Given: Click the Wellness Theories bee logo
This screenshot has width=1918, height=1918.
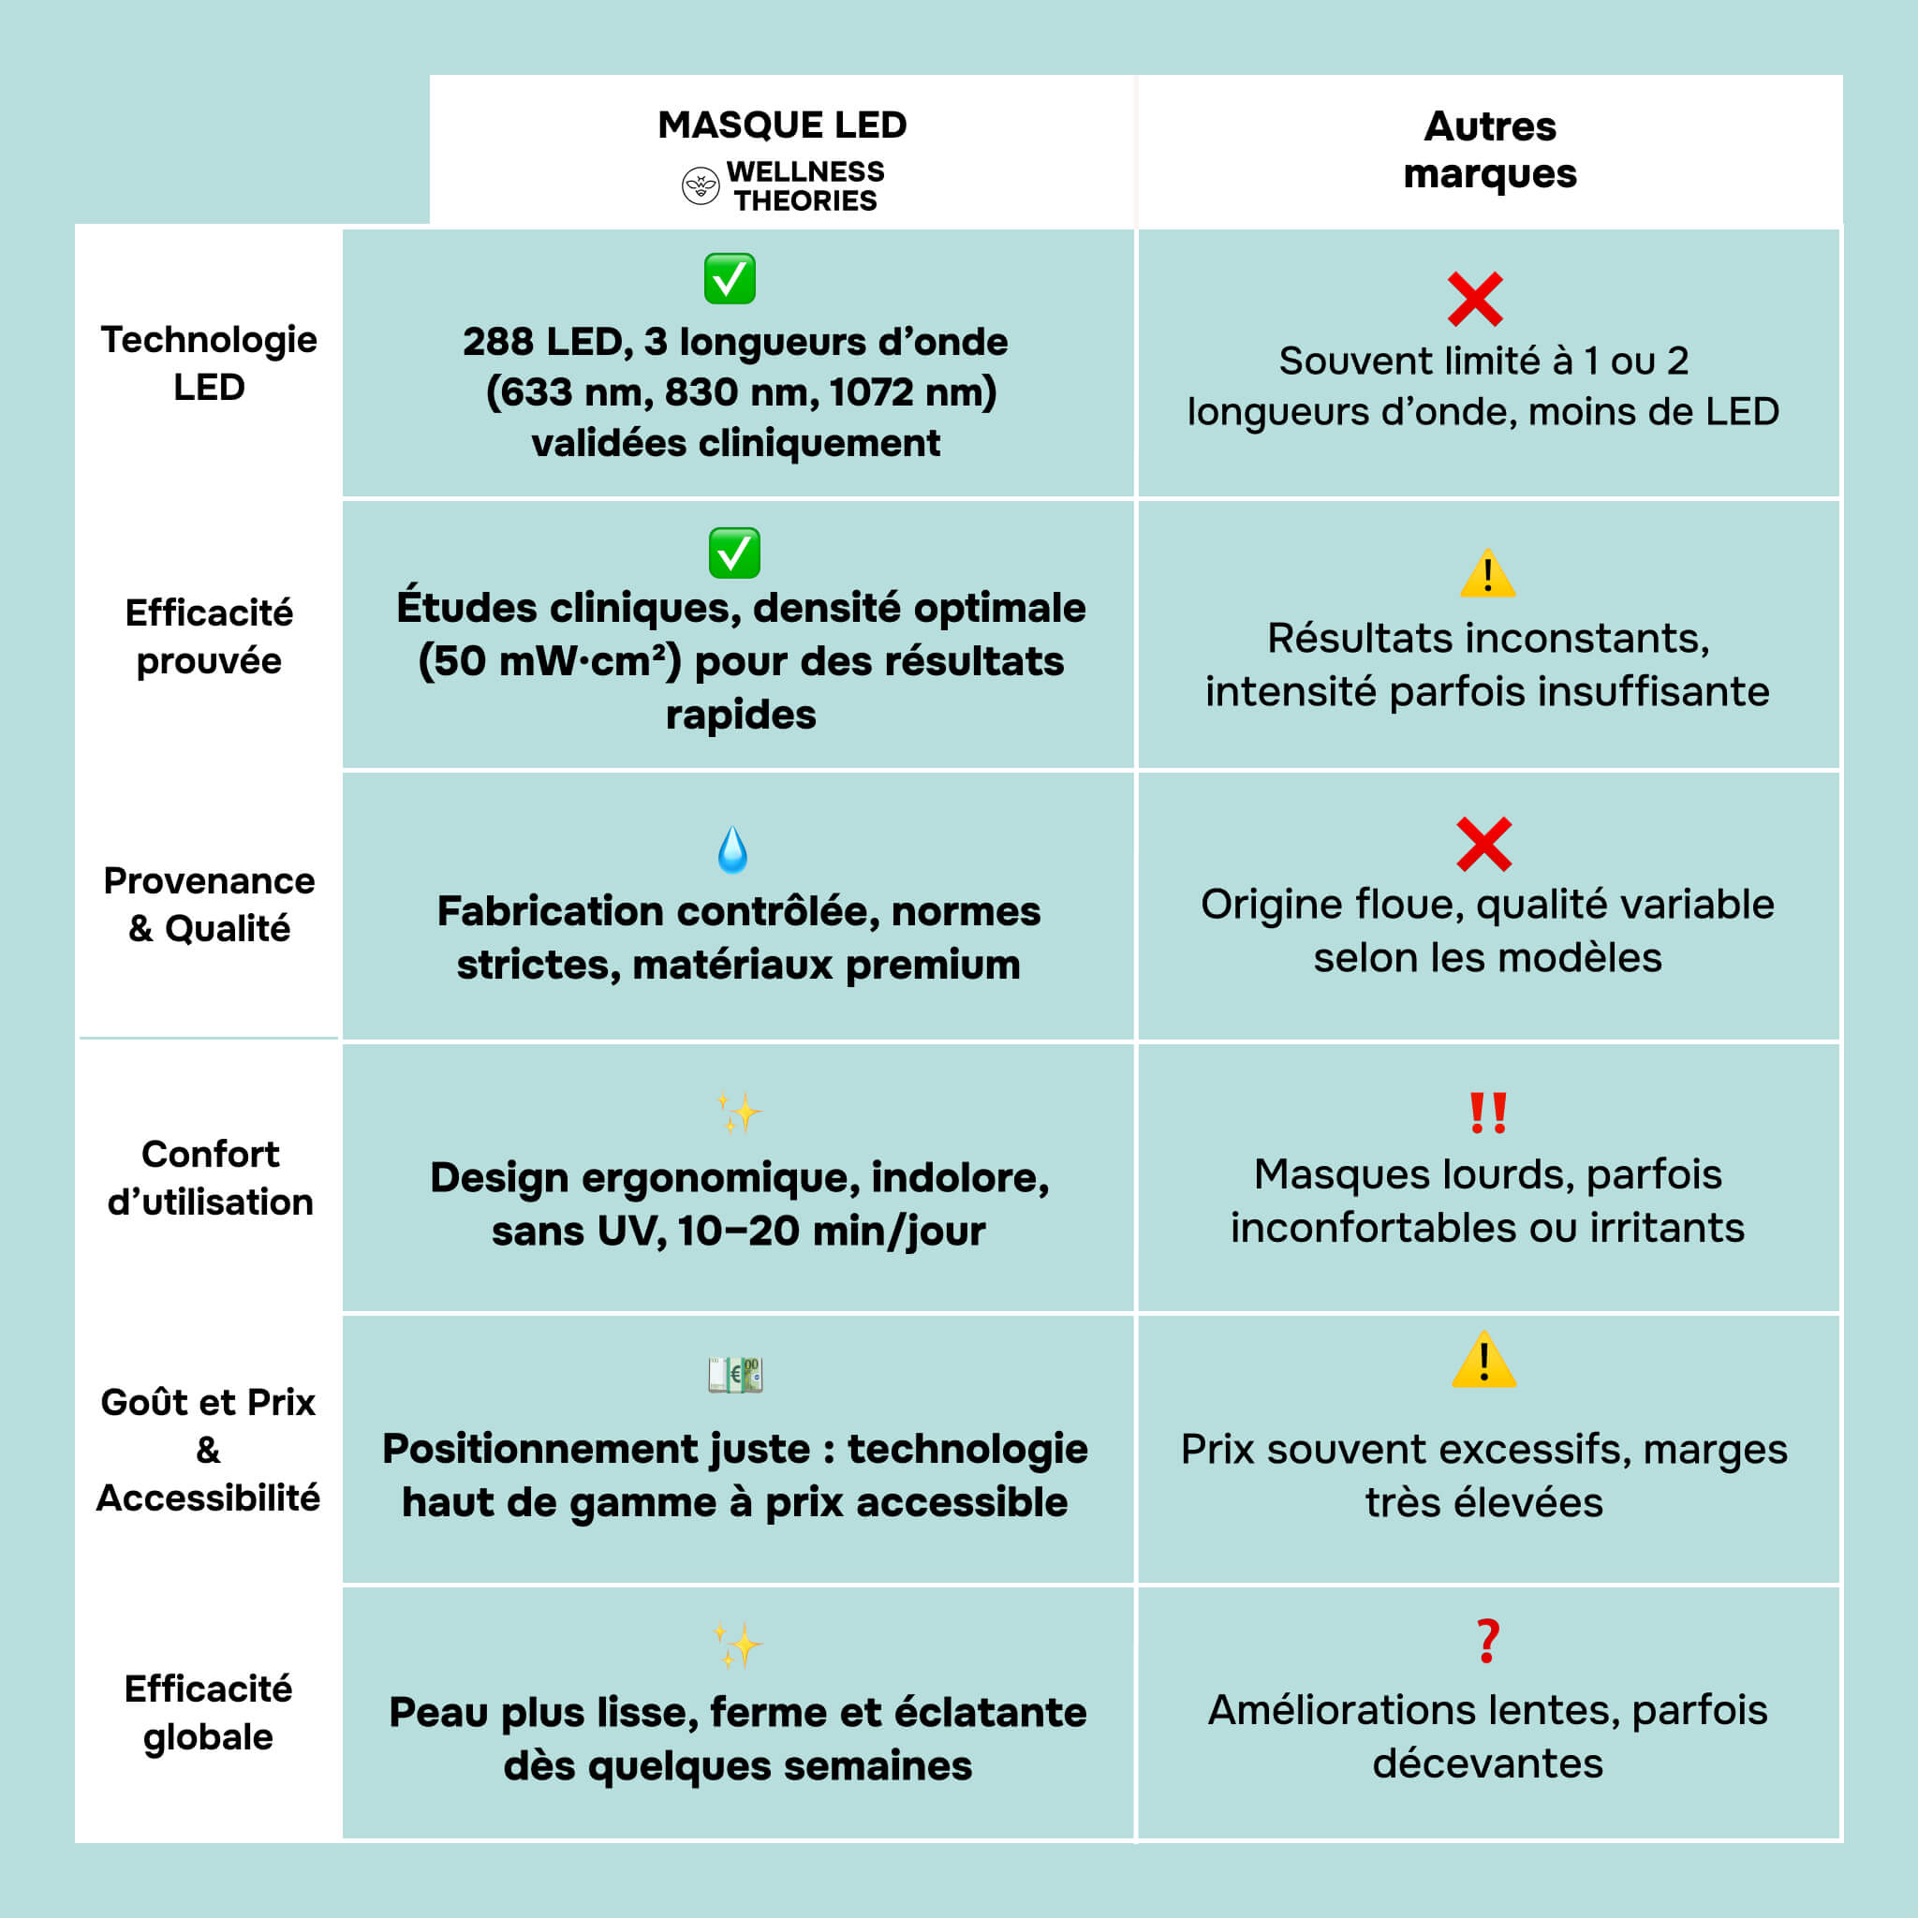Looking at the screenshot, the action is coord(700,185).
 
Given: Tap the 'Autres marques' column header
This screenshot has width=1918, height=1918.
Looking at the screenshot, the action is coord(1489,149).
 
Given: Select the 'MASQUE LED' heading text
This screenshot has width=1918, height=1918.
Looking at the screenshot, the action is coord(782,125).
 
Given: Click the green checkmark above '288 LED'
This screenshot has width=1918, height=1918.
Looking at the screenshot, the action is coord(730,279).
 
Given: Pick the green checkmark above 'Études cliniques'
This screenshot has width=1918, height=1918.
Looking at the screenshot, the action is coord(734,553).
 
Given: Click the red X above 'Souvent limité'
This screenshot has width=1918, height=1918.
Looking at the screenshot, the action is coord(1475,299).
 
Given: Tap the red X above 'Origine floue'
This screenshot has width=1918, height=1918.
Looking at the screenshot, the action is coord(1484,844).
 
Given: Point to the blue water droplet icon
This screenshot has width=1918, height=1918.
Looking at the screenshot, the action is coord(732,849).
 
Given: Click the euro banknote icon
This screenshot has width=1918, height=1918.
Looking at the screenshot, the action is coord(734,1375).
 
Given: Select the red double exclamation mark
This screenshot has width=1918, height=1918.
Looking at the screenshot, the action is coord(1488,1113).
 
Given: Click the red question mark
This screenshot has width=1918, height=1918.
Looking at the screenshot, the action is coord(1487,1641).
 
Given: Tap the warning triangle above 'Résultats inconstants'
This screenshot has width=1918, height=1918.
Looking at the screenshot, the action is coord(1487,573).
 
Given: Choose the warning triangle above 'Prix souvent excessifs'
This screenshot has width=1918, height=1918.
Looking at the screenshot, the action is coord(1484,1360).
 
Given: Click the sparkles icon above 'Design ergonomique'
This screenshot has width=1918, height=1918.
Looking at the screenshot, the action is coord(739,1113).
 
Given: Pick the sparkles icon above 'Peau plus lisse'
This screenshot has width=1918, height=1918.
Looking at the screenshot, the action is coord(739,1645).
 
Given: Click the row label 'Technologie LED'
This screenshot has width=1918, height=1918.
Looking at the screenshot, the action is coord(209,362).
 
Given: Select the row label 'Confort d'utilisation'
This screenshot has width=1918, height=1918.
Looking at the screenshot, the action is coord(211,1177).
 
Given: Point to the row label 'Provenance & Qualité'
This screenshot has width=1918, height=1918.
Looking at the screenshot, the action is coord(210,905).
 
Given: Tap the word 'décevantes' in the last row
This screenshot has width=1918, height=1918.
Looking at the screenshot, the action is coord(1487,1763).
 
